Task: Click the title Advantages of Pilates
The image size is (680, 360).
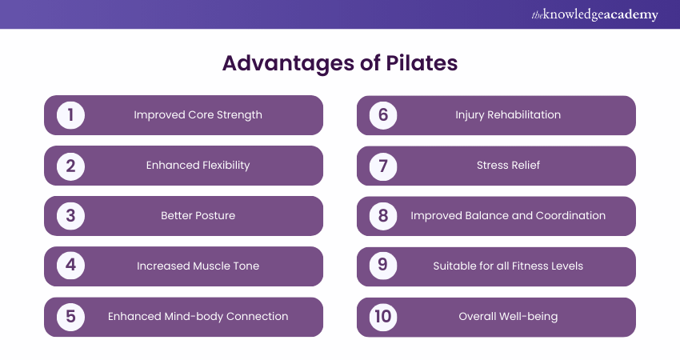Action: click(x=339, y=64)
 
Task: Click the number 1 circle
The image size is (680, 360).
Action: click(x=70, y=115)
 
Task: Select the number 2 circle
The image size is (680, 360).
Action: click(x=70, y=166)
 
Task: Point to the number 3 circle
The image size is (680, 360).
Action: click(x=70, y=216)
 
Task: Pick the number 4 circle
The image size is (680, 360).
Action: click(x=70, y=266)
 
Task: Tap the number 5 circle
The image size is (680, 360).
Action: click(x=70, y=317)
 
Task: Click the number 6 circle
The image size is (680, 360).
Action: click(x=383, y=115)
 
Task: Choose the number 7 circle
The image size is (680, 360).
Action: click(x=383, y=166)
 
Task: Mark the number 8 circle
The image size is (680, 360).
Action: click(x=383, y=216)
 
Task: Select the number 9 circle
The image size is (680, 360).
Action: click(x=383, y=266)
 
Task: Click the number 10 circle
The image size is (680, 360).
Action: click(x=383, y=317)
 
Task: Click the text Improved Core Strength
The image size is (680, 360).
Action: click(x=198, y=115)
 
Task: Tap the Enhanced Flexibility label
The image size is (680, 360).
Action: click(x=198, y=166)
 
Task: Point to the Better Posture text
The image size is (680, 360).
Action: click(x=198, y=216)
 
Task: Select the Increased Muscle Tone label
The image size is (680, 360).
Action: click(x=198, y=266)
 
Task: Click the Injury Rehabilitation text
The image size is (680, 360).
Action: click(x=508, y=115)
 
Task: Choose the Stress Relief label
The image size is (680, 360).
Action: click(x=508, y=166)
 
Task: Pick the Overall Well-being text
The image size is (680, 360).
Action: click(x=508, y=317)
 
